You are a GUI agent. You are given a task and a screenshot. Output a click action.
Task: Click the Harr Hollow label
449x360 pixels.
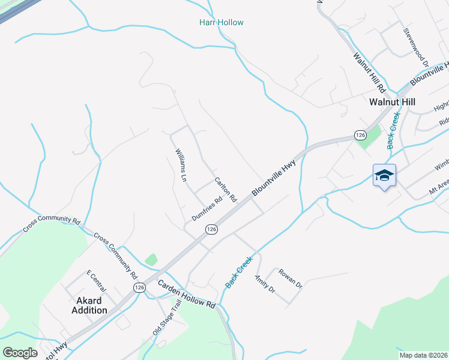click(221, 23)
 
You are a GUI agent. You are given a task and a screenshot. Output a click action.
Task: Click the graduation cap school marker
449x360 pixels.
click(384, 175)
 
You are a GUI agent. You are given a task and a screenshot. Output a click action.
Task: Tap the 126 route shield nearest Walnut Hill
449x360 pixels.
click(360, 136)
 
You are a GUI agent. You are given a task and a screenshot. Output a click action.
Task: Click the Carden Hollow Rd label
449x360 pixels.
click(186, 295)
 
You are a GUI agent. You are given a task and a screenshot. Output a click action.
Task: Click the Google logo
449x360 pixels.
click(20, 353)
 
